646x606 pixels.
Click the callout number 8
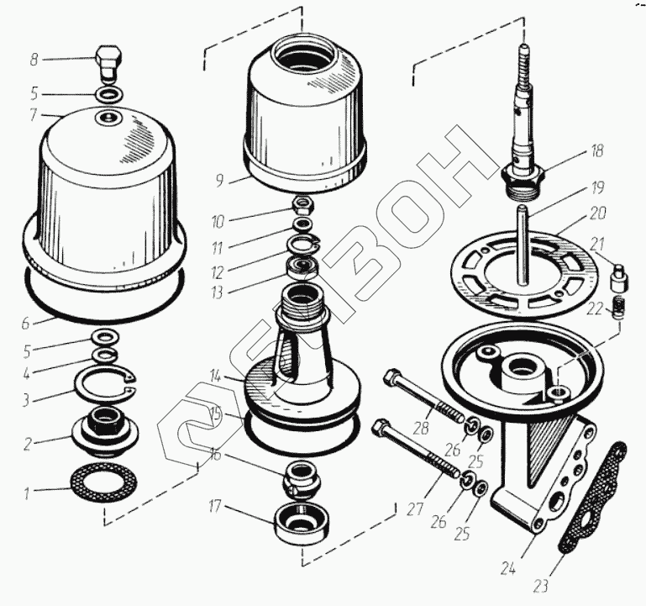coord(34,60)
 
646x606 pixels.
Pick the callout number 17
coord(216,507)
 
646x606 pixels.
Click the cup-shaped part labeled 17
coord(302,523)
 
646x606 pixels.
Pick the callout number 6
coord(26,322)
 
